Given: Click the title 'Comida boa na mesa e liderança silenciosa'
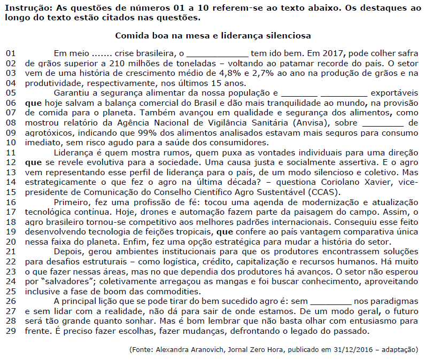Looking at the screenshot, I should tap(213, 36).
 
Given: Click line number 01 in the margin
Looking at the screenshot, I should tap(11, 53).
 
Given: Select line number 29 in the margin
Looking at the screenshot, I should tap(11, 331).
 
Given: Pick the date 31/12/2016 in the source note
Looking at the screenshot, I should tap(366, 350).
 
